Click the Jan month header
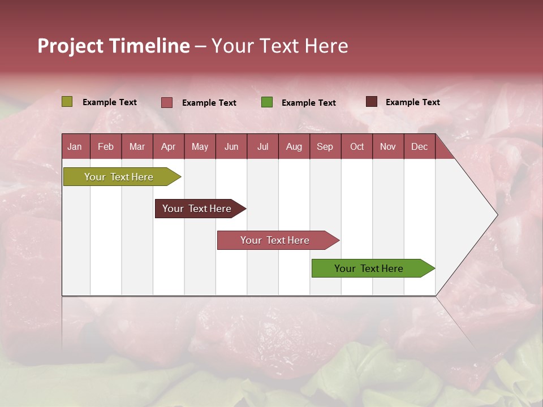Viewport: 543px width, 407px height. (x=75, y=146)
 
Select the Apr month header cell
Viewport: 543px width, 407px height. (x=169, y=146)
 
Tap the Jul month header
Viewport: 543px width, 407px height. (x=262, y=146)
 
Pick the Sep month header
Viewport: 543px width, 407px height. (x=325, y=146)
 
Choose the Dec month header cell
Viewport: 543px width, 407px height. (x=419, y=146)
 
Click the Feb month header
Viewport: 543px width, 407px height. (x=106, y=146)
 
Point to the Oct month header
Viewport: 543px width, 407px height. (x=357, y=146)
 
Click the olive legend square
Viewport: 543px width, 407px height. (x=67, y=102)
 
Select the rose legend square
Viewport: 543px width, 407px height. (x=167, y=102)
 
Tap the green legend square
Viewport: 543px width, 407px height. (x=267, y=102)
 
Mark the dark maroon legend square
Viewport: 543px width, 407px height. (x=371, y=102)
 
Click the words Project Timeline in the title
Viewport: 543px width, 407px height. (x=114, y=46)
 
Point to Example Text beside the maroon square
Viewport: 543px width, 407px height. (x=412, y=102)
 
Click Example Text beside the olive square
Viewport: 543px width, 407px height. (x=110, y=102)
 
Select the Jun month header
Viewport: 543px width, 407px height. (x=231, y=146)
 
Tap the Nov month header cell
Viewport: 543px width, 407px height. (x=388, y=146)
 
